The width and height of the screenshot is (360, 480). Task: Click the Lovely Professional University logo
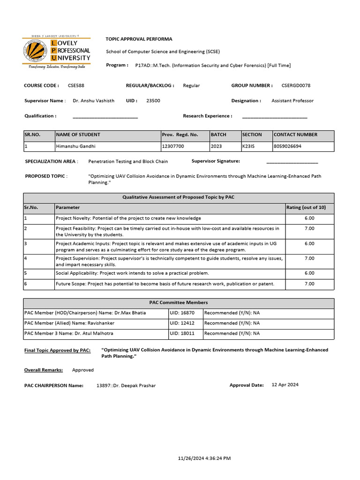tap(57, 52)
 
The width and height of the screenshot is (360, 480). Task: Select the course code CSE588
tap(76, 85)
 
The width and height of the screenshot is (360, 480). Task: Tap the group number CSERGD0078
tap(296, 85)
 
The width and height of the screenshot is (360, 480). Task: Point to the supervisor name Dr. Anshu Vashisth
tap(94, 101)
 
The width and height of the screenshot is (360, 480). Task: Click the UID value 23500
tap(153, 101)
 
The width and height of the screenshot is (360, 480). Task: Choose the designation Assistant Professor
tap(292, 101)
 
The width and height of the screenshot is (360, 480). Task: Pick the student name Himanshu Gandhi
tap(75, 146)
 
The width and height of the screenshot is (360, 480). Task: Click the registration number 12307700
tap(173, 146)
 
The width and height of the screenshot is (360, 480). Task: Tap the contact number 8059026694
tap(287, 146)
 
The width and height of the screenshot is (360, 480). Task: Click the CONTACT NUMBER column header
tap(295, 135)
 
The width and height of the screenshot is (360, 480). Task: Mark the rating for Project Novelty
tap(309, 218)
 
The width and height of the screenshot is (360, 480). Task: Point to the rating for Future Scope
tap(309, 284)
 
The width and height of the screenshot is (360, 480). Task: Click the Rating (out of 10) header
tap(306, 207)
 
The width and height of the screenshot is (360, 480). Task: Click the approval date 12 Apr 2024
tap(285, 385)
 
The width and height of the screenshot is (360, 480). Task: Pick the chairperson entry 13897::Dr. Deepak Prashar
tap(126, 385)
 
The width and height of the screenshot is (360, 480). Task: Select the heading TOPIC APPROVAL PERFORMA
tap(139, 39)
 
